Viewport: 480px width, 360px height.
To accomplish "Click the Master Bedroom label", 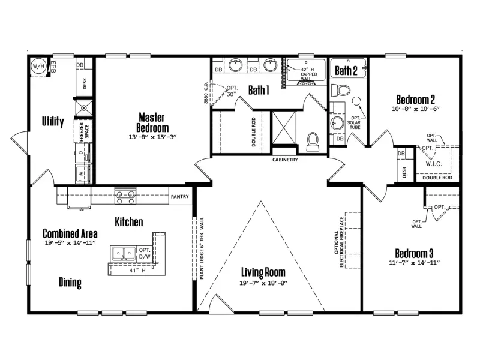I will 152,122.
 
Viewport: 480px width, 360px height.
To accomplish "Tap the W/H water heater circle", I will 38,65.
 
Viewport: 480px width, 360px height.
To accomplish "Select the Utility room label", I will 53,122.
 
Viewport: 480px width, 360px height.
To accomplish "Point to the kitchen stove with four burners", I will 125,194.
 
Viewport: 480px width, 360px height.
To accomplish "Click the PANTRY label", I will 179,196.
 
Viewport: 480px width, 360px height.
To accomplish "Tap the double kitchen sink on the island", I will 123,254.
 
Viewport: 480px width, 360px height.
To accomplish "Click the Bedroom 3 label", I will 415,252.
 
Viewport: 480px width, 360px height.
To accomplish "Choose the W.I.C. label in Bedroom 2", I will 434,162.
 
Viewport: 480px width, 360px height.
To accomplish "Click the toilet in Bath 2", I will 343,91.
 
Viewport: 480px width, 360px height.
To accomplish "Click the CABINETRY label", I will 285,160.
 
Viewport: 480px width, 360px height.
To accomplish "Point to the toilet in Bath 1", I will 313,140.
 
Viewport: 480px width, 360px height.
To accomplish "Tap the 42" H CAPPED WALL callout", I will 306,73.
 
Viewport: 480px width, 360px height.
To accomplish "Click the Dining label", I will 70,283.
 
